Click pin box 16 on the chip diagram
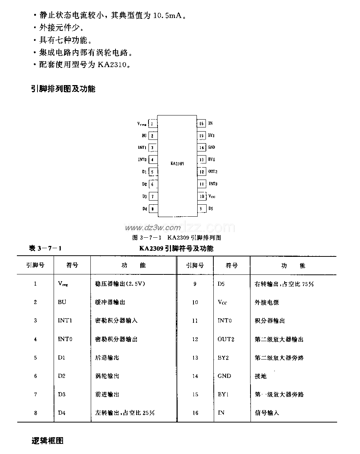tap(201, 123)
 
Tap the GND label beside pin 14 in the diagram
tap(211, 147)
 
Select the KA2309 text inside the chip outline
tap(177, 163)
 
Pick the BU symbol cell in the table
tap(62, 302)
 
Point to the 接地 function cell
tap(261, 376)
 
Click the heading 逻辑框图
tap(48, 441)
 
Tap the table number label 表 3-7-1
tap(45, 248)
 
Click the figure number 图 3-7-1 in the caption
tap(147, 238)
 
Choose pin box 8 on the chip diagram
tap(153, 209)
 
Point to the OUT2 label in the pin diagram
tap(213, 172)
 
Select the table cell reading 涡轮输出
tap(107, 376)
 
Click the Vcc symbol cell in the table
tap(222, 302)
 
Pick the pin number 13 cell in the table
tap(195, 358)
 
